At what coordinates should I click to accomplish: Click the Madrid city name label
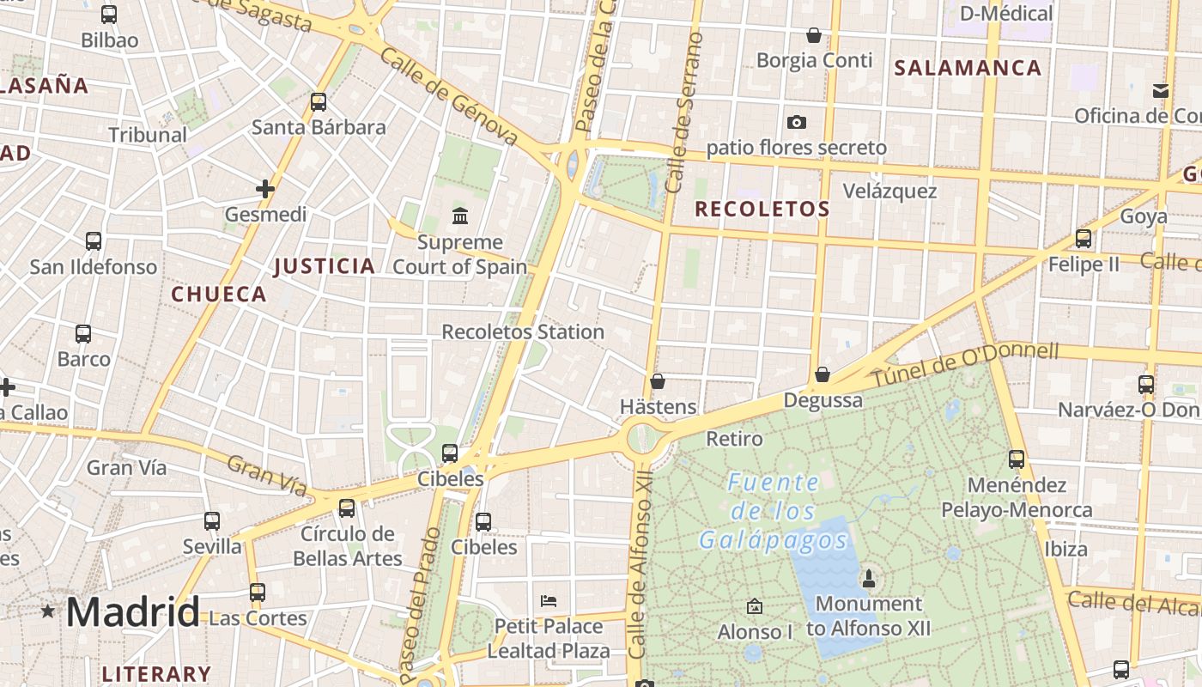coord(132,612)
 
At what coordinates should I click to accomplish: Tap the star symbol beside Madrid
coord(48,611)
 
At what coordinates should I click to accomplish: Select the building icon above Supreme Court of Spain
coord(459,215)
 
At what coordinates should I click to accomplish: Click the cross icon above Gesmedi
coord(265,188)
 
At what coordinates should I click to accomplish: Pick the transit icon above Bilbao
coord(109,14)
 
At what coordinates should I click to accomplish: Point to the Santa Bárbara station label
coord(319,128)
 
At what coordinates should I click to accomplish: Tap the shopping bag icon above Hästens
coord(658,380)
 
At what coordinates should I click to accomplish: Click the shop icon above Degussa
coord(823,374)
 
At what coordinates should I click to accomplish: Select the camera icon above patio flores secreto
coord(796,122)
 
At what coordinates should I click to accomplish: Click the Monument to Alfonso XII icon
coord(869,578)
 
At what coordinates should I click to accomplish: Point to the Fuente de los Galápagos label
coord(774,512)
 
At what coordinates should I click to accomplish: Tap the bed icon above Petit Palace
coord(549,600)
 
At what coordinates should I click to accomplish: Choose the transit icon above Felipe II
coord(1084,238)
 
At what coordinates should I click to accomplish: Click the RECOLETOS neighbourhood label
coord(762,209)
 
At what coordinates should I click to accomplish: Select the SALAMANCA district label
coord(968,68)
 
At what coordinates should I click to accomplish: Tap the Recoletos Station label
coord(523,331)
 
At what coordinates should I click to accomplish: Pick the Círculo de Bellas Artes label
coord(347,546)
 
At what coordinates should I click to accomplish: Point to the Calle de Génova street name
coord(449,96)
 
